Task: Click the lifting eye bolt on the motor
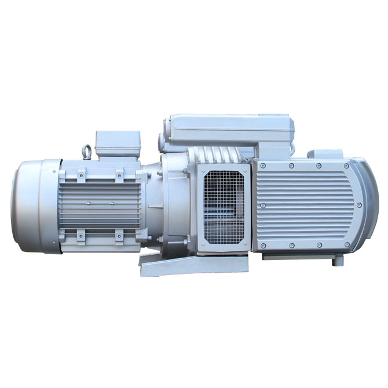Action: pos(87,152)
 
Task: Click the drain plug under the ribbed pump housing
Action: pos(335,262)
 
